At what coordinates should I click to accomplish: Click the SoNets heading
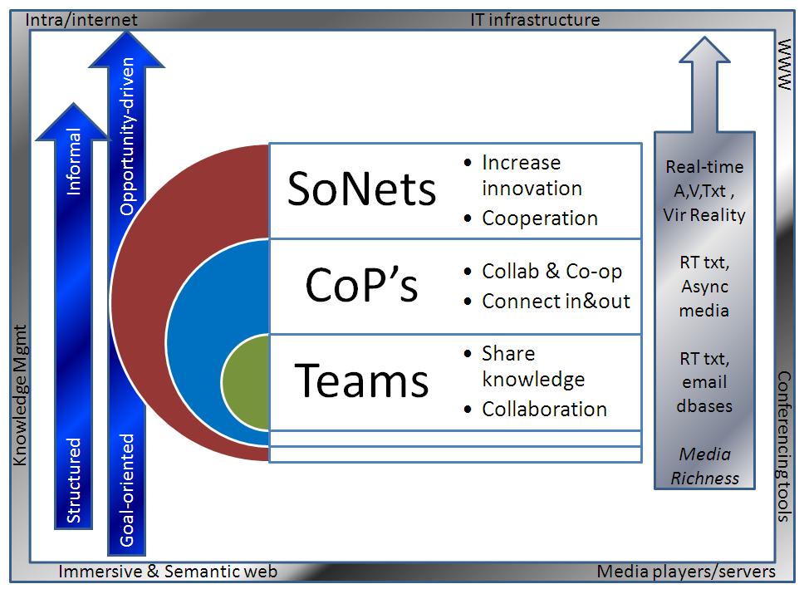click(361, 189)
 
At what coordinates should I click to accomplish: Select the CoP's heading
click(361, 287)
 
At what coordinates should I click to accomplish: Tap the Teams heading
click(361, 381)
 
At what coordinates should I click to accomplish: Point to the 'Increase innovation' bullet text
click(532, 175)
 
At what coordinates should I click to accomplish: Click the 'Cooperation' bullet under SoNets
click(539, 218)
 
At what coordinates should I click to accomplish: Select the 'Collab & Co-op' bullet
click(552, 272)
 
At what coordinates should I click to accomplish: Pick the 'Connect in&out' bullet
click(556, 301)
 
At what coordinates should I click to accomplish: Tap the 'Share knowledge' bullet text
click(532, 366)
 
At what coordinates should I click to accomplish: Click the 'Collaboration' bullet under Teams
click(544, 409)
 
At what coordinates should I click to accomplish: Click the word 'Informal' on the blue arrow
click(75, 162)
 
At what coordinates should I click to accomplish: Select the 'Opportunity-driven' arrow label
click(127, 137)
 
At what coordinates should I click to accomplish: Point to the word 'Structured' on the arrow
click(75, 480)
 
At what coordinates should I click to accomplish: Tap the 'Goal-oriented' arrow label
click(127, 489)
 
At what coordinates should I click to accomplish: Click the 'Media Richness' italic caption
click(704, 466)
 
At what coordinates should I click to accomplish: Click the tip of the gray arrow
click(704, 42)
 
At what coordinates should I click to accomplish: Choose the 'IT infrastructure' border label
click(535, 19)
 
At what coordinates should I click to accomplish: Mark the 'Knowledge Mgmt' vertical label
click(21, 395)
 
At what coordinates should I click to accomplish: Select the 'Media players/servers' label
click(686, 572)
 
